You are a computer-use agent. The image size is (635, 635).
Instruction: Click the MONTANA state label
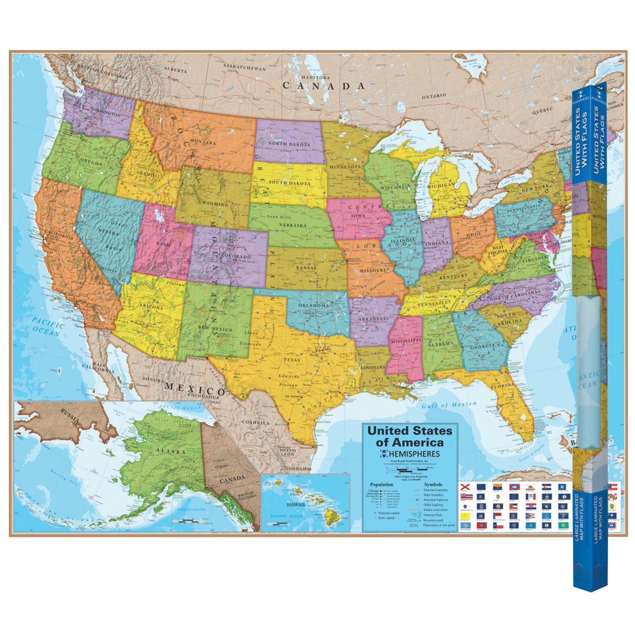(203, 142)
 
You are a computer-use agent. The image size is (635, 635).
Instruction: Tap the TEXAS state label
(292, 359)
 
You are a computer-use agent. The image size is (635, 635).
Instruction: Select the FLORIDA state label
(502, 386)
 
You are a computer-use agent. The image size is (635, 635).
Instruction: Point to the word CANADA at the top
(323, 86)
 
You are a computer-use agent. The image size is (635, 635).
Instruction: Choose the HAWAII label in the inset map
(295, 504)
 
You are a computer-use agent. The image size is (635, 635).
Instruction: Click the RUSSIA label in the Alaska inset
(70, 416)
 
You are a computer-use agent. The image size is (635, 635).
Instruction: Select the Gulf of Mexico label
(449, 405)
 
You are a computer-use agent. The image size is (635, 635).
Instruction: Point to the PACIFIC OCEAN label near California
(47, 328)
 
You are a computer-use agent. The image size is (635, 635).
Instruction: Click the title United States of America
(410, 436)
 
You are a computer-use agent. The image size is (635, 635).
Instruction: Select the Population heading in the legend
(381, 484)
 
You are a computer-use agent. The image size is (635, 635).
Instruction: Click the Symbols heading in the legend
(433, 484)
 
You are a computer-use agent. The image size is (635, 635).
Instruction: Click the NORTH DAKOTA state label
(289, 144)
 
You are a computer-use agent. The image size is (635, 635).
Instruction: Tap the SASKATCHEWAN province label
(244, 68)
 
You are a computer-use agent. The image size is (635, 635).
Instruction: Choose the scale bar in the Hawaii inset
(276, 523)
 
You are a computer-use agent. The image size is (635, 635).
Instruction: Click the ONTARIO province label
(434, 95)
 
